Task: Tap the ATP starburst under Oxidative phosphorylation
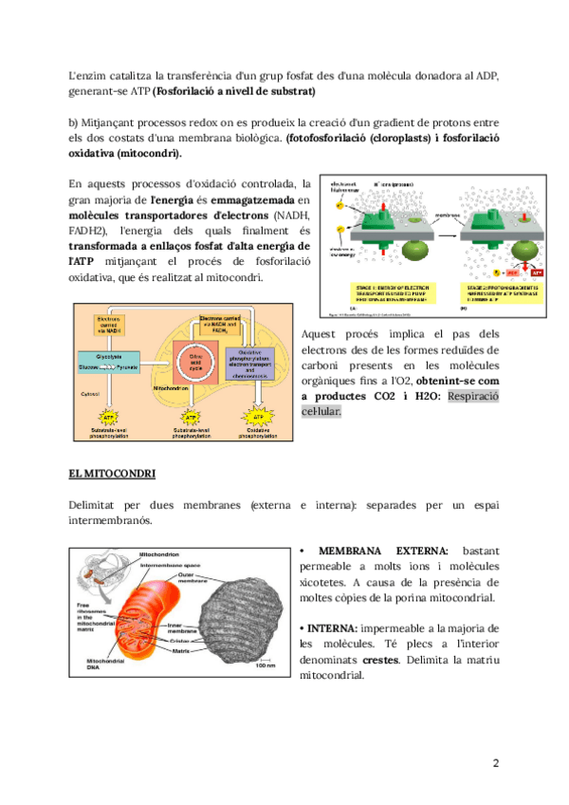[x=256, y=418]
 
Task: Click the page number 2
[x=496, y=764]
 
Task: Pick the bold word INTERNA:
[x=331, y=629]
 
